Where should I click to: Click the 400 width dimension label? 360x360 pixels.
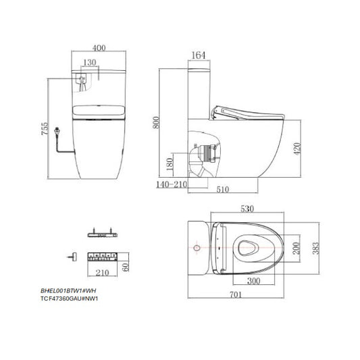(x=99, y=48)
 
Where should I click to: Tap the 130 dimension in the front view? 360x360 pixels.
(x=90, y=62)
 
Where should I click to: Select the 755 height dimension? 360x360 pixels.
(x=45, y=128)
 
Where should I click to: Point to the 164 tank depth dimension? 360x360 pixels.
(x=199, y=55)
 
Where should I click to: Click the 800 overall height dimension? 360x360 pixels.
(x=156, y=123)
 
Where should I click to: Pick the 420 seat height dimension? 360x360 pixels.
(x=297, y=149)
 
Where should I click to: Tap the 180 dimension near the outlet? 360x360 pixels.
(x=170, y=164)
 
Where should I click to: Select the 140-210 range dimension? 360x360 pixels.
(x=172, y=184)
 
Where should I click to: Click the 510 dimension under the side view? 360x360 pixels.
(x=223, y=189)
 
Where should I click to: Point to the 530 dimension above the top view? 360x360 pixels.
(x=247, y=209)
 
